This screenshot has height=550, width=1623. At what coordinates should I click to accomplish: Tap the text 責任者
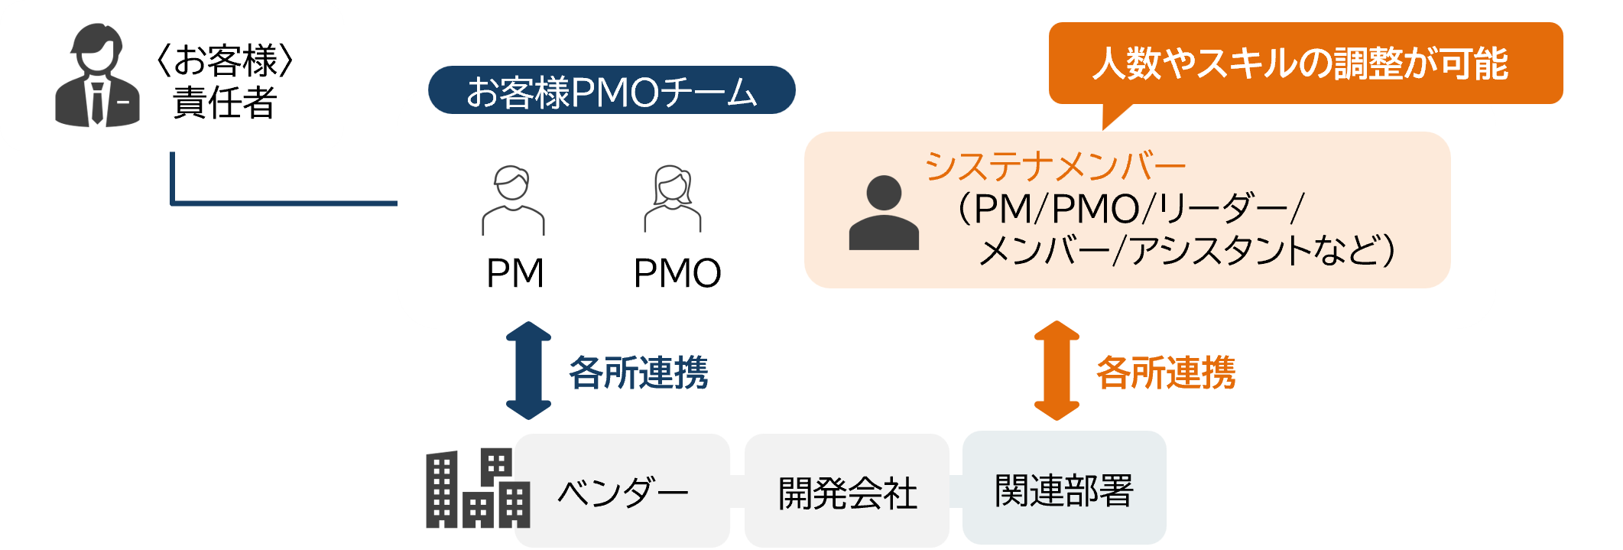tap(225, 103)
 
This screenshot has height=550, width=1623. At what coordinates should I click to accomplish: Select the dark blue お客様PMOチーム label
tap(611, 91)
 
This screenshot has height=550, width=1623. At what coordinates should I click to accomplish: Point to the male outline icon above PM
tap(513, 200)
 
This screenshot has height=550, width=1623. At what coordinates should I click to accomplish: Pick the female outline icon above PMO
tap(672, 199)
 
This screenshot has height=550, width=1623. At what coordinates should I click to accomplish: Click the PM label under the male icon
tap(514, 273)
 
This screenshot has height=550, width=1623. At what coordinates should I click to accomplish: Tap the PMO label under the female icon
tap(677, 273)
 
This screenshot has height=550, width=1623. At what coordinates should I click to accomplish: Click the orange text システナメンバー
tap(1054, 166)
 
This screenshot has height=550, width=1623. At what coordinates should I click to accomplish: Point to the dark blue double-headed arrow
tap(528, 371)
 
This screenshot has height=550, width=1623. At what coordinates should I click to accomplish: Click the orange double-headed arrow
tap(1057, 371)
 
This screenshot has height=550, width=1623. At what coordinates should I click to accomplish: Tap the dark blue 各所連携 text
tap(638, 373)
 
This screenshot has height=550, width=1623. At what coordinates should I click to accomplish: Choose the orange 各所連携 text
tap(1166, 373)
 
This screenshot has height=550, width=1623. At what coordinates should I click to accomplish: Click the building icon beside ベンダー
tap(477, 489)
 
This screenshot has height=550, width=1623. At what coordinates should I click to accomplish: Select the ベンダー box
tap(622, 491)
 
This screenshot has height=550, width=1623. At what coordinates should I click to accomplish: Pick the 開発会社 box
tap(847, 491)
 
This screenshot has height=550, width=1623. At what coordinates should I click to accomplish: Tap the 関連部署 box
tap(1063, 489)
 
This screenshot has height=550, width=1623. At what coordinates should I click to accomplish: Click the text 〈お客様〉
tap(225, 60)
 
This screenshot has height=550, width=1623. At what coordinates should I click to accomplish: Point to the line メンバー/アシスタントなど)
tap(1186, 250)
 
